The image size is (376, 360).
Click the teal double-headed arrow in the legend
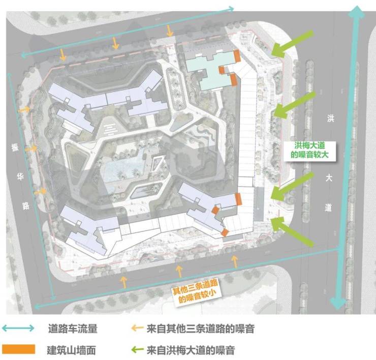[x=18, y=329]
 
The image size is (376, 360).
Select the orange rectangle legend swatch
[x=18, y=349]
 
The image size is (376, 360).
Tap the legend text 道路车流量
[x=72, y=329]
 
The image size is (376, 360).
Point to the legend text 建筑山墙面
[x=72, y=350]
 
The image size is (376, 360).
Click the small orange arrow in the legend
[x=137, y=329]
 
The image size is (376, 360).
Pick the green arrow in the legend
[x=137, y=350]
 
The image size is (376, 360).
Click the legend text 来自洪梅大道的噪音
[x=191, y=350]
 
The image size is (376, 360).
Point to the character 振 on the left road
[x=15, y=148]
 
